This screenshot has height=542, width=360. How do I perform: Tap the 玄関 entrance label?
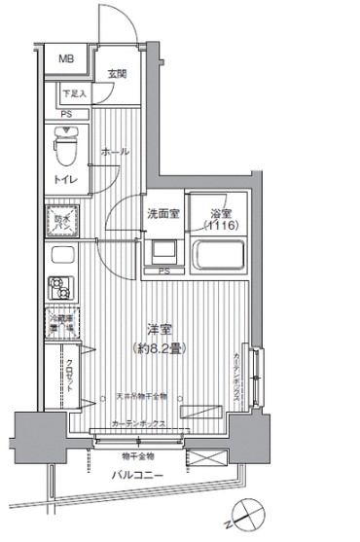coord(117,74)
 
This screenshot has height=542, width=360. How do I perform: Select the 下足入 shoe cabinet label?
coord(74,94)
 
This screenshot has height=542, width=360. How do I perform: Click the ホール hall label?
coord(114,152)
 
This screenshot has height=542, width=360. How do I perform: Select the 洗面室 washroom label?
coord(162,214)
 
